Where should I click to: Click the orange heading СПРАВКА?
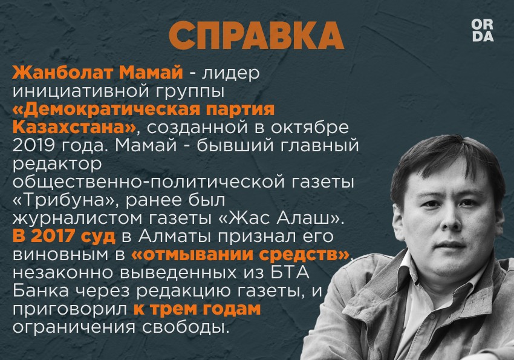coord(256,36)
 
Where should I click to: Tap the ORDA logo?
coord(482,30)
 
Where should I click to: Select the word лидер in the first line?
coord(230,73)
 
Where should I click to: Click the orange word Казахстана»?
coord(74,127)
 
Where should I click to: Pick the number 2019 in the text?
coord(33,146)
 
